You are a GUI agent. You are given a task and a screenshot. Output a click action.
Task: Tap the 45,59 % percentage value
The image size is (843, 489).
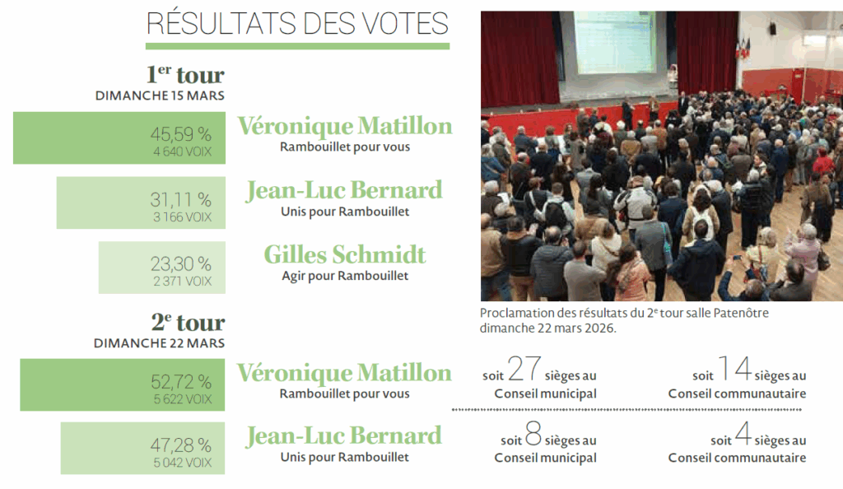(180, 133)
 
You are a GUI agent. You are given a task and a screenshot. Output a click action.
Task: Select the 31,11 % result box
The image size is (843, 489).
(140, 203)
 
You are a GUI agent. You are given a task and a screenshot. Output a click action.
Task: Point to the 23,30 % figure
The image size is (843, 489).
(180, 264)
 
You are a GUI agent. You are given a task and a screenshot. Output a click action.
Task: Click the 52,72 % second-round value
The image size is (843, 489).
(180, 381)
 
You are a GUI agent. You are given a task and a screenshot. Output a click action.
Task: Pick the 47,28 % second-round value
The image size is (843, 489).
(180, 445)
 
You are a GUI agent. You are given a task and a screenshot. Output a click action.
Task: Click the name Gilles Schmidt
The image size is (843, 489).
(345, 254)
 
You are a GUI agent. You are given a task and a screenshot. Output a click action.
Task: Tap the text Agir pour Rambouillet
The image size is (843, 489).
(345, 275)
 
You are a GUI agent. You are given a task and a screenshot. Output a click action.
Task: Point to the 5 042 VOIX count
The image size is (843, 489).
(182, 463)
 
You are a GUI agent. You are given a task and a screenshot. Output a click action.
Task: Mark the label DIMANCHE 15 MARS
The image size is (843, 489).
(160, 95)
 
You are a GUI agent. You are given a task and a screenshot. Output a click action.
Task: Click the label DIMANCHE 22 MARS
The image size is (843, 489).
(159, 342)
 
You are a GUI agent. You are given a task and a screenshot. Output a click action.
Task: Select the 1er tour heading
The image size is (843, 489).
(185, 75)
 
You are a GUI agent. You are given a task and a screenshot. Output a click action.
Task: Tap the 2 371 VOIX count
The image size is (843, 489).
(182, 282)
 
